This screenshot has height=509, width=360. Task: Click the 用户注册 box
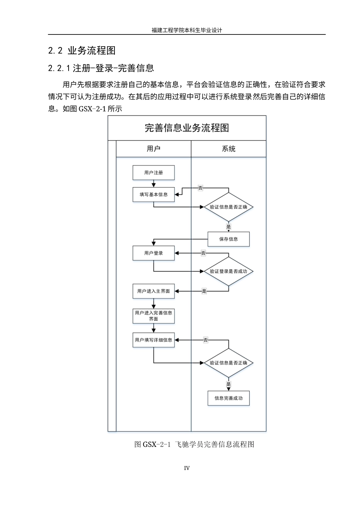pyautogui.click(x=153, y=173)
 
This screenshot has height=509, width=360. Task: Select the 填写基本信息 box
pyautogui.click(x=153, y=195)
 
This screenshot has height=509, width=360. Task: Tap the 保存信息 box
pyautogui.click(x=229, y=239)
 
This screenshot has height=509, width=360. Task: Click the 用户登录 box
pyautogui.click(x=153, y=253)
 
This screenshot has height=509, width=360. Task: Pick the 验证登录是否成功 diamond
pyautogui.click(x=229, y=272)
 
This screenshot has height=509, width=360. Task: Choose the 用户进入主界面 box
pyautogui.click(x=153, y=291)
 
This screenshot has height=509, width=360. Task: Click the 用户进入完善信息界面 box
pyautogui.click(x=153, y=316)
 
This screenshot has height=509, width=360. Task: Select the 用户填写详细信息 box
pyautogui.click(x=153, y=340)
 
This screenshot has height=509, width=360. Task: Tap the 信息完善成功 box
pyautogui.click(x=229, y=398)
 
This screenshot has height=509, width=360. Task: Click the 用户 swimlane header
pyautogui.click(x=153, y=149)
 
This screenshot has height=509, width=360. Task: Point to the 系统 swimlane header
pyautogui.click(x=229, y=149)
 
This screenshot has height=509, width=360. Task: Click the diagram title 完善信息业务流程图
pyautogui.click(x=187, y=128)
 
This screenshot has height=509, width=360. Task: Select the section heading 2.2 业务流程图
pyautogui.click(x=82, y=50)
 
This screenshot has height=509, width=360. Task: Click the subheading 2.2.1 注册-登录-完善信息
pyautogui.click(x=101, y=68)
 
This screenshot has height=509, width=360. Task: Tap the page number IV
pyautogui.click(x=187, y=468)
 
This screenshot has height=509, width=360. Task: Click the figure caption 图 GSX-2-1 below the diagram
pyautogui.click(x=194, y=444)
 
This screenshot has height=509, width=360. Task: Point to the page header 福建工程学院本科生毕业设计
pyautogui.click(x=187, y=30)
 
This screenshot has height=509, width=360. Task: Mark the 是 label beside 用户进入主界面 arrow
pyautogui.click(x=204, y=291)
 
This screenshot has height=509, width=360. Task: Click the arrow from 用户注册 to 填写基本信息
pyautogui.click(x=153, y=184)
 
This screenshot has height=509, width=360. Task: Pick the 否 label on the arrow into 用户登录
pyautogui.click(x=203, y=253)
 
